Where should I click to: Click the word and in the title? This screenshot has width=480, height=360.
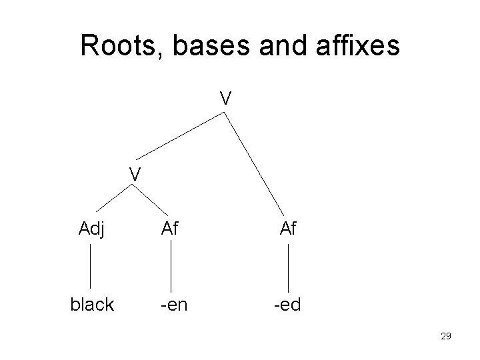[x=279, y=46]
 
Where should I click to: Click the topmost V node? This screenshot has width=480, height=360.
[x=226, y=99]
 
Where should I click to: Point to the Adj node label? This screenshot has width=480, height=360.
[x=93, y=231]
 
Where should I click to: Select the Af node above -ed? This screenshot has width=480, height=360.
[x=288, y=231]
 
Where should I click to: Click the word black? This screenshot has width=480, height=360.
[x=92, y=305]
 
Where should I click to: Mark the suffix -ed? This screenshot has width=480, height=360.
[x=287, y=305]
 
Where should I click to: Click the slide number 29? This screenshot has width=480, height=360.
[x=446, y=337]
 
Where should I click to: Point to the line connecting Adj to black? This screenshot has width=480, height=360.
[x=91, y=267]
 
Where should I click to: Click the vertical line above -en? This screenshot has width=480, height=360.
[x=172, y=267]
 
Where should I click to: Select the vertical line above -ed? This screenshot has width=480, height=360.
[x=288, y=267]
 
